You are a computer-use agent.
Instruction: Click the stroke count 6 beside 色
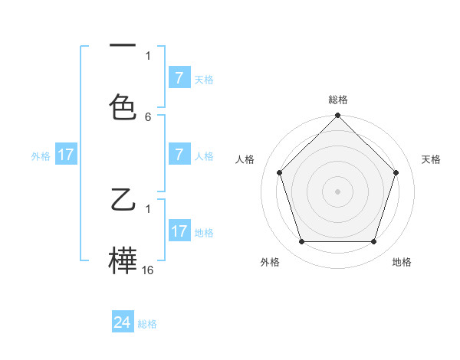click(x=148, y=117)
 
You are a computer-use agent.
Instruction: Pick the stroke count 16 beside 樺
click(x=148, y=270)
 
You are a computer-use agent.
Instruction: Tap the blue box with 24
click(x=123, y=322)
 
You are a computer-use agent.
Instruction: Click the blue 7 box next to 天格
click(x=179, y=78)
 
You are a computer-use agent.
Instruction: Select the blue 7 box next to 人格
click(x=179, y=155)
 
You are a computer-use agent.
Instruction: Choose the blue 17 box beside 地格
click(x=179, y=231)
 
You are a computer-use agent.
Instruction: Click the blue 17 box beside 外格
click(x=66, y=155)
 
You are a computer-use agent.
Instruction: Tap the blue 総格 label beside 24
click(x=147, y=324)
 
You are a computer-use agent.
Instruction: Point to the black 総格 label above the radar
click(x=337, y=100)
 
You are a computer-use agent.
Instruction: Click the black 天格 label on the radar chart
click(x=431, y=159)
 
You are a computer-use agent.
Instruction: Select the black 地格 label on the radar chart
click(x=402, y=262)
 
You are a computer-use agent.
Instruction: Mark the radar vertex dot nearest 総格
click(x=337, y=116)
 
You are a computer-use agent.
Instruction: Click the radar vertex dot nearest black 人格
click(x=279, y=172)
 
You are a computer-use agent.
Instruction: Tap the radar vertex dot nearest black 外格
click(x=301, y=242)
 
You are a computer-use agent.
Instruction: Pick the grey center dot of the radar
click(x=337, y=191)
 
